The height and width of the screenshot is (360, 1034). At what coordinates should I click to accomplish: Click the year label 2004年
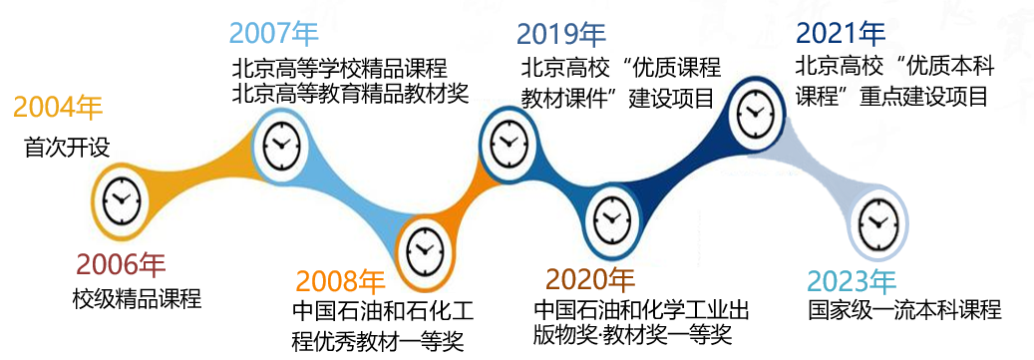click(x=58, y=109)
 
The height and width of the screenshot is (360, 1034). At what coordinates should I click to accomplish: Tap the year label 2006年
click(x=121, y=265)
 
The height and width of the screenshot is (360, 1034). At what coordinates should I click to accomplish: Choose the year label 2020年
click(x=590, y=280)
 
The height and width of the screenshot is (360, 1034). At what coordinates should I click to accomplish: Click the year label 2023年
click(x=852, y=281)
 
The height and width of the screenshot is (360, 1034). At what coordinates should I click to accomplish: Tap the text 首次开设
click(x=67, y=147)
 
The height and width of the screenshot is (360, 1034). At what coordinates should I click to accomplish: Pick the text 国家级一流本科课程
click(x=904, y=310)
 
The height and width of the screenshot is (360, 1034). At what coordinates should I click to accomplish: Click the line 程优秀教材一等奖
click(x=378, y=342)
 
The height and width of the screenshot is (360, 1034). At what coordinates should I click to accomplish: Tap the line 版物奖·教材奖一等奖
click(x=633, y=336)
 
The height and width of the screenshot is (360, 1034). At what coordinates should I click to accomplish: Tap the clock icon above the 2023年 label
click(x=876, y=221)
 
